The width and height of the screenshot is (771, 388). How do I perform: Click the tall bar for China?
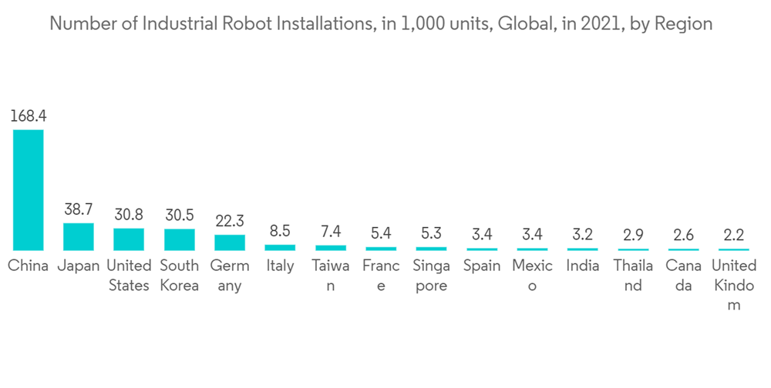coord(28,189)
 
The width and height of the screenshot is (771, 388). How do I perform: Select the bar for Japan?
coord(78,236)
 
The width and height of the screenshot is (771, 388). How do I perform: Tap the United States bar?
coord(128,239)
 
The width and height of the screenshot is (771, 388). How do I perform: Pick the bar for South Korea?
coord(179,239)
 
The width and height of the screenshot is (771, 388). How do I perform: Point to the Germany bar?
coord(230,242)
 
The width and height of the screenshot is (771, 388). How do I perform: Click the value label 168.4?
coord(28,117)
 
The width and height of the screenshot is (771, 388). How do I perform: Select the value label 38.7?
coord(78,210)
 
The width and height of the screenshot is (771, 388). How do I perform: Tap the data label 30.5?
coord(179,216)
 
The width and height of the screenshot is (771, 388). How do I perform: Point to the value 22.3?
coord(230,222)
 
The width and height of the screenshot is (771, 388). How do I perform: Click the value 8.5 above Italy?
coord(280,232)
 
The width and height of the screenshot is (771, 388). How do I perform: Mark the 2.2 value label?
coord(734,236)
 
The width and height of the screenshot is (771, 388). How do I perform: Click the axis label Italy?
coord(280,266)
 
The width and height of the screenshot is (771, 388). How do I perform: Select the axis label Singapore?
coord(431,276)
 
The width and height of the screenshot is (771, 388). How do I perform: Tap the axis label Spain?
coord(482,266)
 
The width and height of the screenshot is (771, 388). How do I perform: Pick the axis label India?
coord(583,266)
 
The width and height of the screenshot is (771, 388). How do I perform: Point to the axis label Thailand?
coord(633,276)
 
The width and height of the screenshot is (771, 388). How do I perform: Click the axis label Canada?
coord(683,276)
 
